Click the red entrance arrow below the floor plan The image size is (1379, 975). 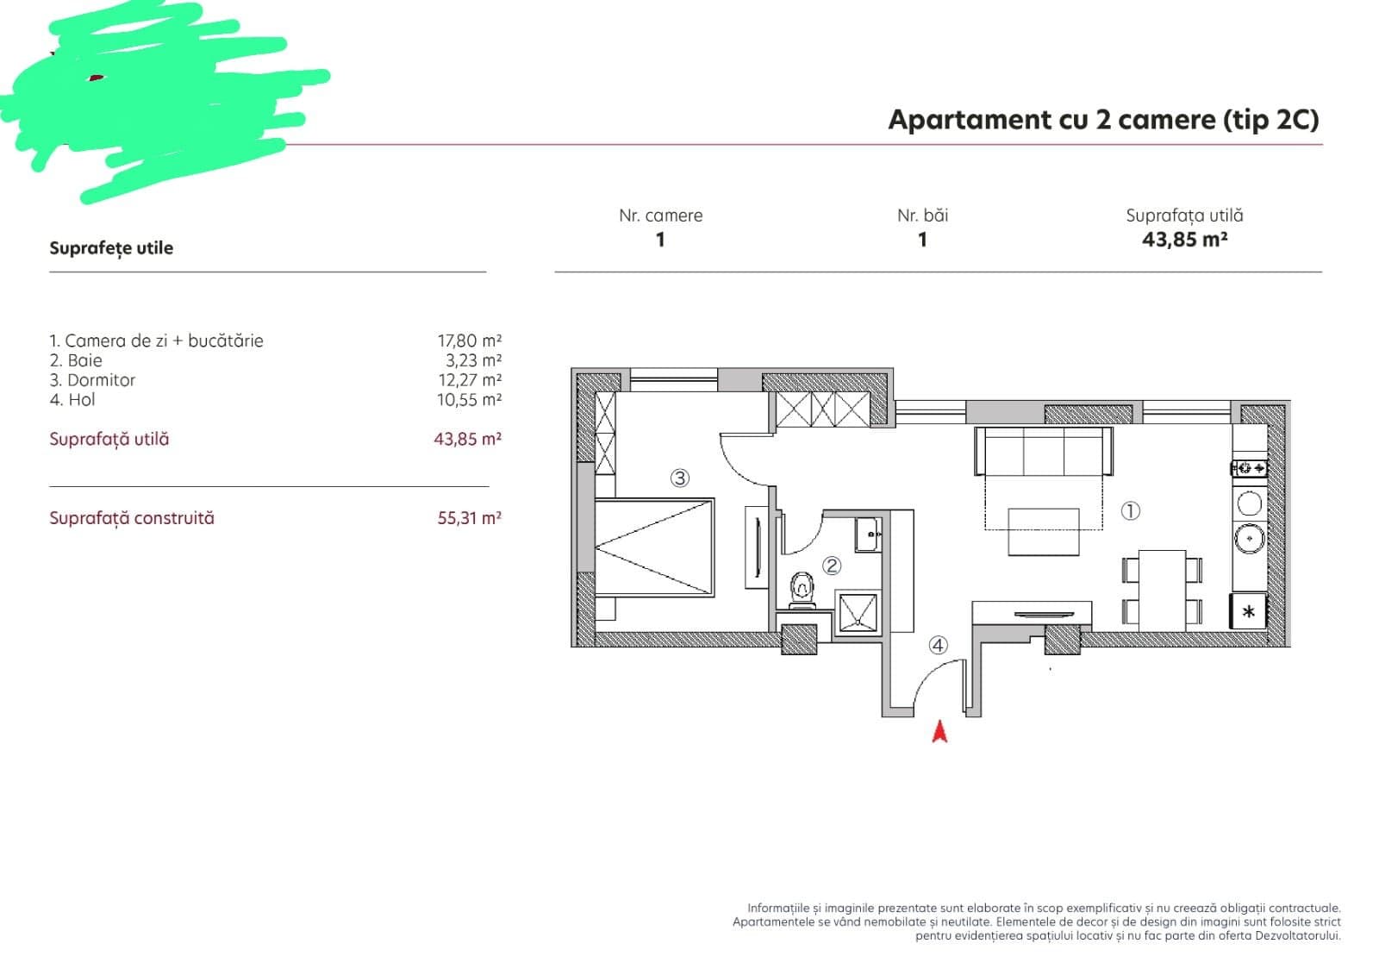[x=939, y=732]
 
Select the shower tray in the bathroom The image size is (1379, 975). [x=858, y=613]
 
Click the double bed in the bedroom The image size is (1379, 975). [x=654, y=547]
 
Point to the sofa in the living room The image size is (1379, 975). [x=1044, y=452]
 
